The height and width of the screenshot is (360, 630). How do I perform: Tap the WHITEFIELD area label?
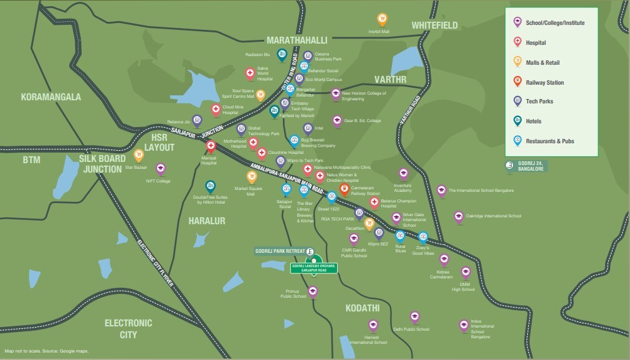click(x=434, y=26)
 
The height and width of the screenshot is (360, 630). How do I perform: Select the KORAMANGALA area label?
click(x=51, y=97)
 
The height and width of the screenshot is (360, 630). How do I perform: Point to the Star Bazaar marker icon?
click(x=139, y=154)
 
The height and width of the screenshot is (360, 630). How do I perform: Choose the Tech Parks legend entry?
click(x=539, y=102)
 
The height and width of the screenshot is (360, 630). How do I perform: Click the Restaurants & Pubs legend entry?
click(x=549, y=141)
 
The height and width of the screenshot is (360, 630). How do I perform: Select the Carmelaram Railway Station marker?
click(x=344, y=190)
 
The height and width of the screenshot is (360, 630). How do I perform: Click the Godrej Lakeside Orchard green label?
click(x=314, y=267)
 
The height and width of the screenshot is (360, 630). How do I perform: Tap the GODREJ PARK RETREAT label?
click(x=280, y=252)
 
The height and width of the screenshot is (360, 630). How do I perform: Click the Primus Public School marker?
click(x=313, y=291)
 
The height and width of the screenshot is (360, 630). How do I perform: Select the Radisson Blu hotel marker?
click(x=282, y=55)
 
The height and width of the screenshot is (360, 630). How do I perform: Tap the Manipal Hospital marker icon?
click(x=211, y=146)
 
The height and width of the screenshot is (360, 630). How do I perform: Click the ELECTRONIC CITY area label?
click(x=128, y=328)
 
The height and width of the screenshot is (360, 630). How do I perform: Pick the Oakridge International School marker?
click(x=459, y=217)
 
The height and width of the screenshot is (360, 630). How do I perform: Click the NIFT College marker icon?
click(x=160, y=168)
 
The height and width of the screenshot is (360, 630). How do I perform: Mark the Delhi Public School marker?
click(x=414, y=316)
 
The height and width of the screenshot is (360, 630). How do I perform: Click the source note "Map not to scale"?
click(x=46, y=351)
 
